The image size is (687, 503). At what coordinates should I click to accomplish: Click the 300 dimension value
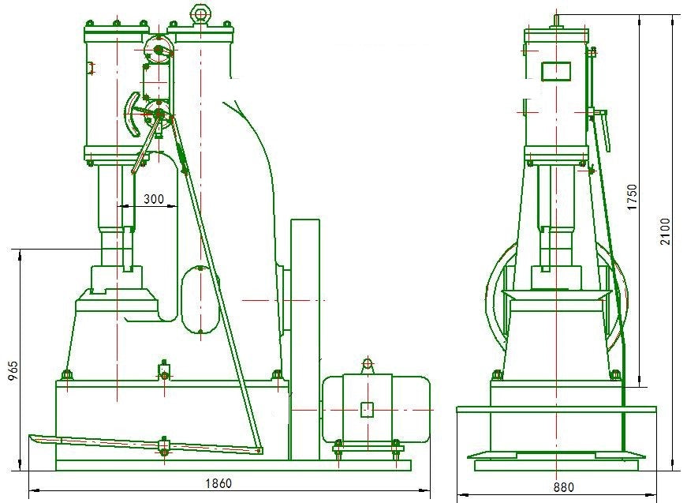click(x=154, y=199)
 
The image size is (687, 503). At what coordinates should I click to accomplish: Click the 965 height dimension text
click(x=13, y=371)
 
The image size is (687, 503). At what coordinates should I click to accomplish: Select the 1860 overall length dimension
click(x=218, y=483)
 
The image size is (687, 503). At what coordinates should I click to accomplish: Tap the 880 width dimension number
click(x=563, y=486)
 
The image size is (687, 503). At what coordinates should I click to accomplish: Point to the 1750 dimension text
click(x=632, y=197)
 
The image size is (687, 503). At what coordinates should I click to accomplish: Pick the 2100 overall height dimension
click(x=665, y=231)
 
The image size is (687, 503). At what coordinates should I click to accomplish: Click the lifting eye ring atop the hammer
click(x=200, y=13)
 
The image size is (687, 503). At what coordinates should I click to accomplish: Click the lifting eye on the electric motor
click(x=367, y=365)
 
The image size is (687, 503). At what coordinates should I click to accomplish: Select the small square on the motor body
click(x=367, y=410)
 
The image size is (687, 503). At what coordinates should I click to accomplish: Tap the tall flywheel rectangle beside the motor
click(x=305, y=340)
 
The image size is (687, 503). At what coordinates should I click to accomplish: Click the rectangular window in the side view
click(x=555, y=72)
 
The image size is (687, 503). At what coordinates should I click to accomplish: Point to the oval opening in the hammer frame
click(x=200, y=300)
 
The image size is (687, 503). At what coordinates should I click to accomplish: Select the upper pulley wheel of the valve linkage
click(x=159, y=50)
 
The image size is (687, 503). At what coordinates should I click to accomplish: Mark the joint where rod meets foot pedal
click(x=259, y=450)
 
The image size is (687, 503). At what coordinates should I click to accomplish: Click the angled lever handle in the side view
click(x=601, y=128)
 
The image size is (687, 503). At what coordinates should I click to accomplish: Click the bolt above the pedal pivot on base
click(x=164, y=373)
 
